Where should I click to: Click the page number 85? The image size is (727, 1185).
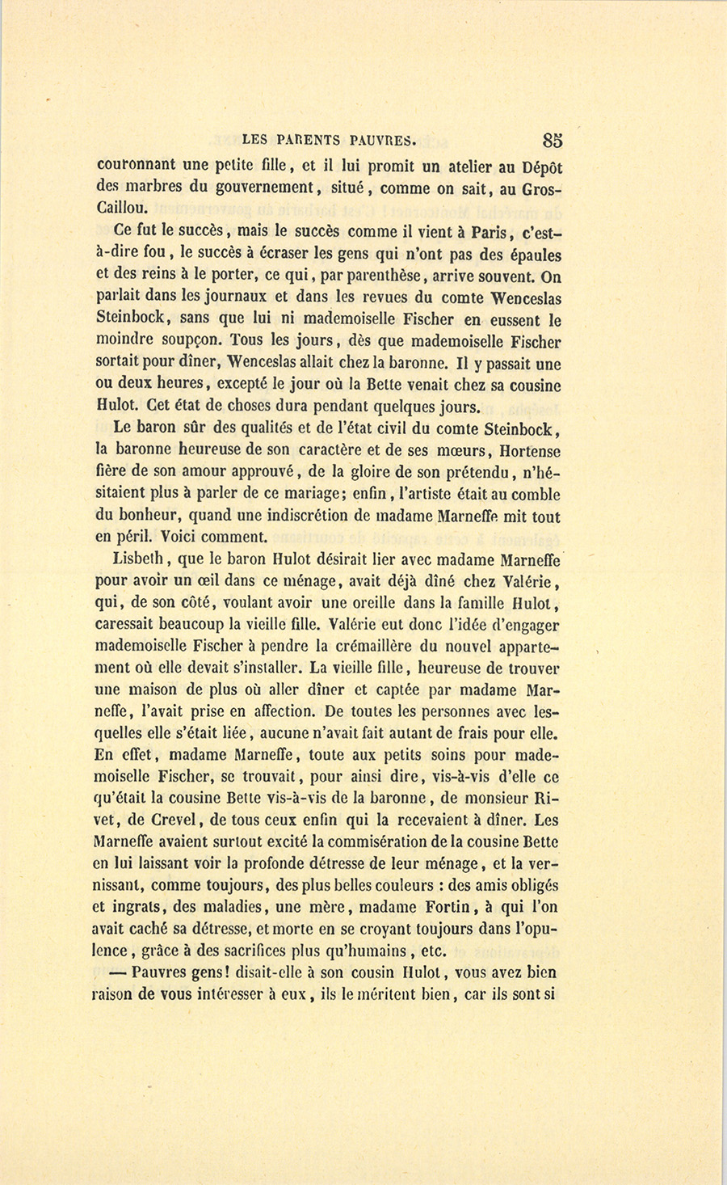pos(553,140)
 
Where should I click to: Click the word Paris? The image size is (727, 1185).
pos(489,233)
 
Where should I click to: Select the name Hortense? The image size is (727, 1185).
pos(530,450)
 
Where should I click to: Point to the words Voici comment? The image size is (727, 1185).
pos(213,537)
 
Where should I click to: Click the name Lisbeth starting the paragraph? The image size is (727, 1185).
pos(139,559)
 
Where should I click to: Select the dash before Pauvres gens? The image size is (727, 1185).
pos(118,972)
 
